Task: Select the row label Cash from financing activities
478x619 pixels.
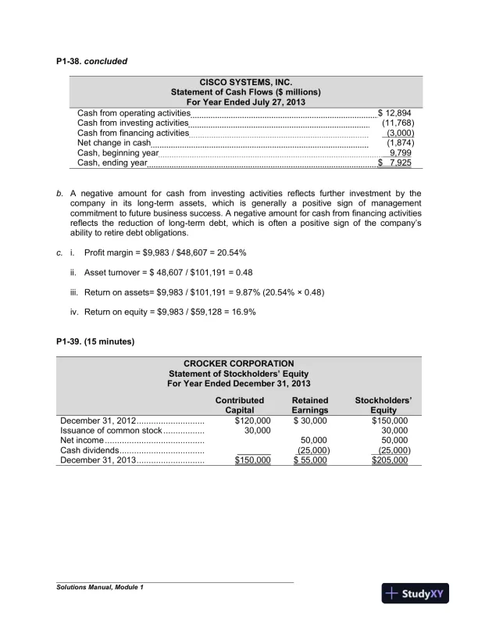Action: click(133, 134)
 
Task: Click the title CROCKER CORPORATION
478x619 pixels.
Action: click(238, 363)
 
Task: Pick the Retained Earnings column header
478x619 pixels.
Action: click(309, 405)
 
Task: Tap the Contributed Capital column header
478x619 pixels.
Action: click(239, 405)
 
